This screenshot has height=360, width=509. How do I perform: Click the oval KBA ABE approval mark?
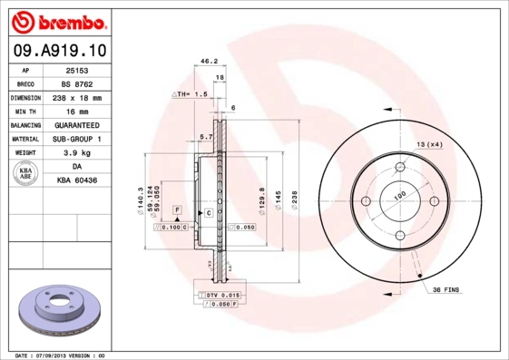point(26,173)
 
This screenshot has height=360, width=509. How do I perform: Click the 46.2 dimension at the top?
point(209,62)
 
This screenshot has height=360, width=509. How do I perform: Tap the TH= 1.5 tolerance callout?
point(191,93)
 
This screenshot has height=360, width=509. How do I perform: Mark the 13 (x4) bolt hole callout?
point(429,145)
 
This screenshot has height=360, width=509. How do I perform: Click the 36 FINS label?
point(448,289)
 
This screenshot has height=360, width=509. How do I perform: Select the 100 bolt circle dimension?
point(398,194)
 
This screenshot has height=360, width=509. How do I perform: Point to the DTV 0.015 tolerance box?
point(221,297)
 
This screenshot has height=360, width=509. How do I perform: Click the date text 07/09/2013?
point(61,355)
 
